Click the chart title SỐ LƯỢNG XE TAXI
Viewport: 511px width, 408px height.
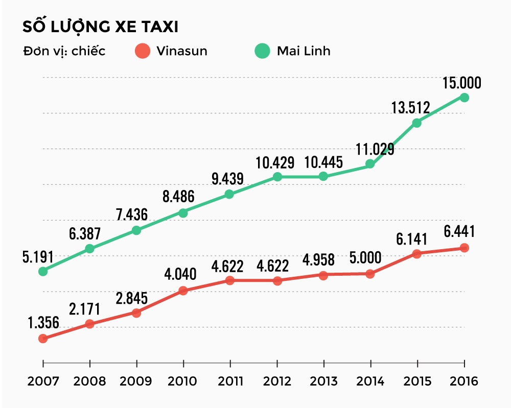pos(100,27)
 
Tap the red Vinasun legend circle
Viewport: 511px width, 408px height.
pos(143,51)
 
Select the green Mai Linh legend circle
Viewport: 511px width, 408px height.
pos(263,51)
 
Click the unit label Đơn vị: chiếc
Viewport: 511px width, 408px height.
pos(64,52)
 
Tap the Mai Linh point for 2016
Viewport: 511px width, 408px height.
pos(464,97)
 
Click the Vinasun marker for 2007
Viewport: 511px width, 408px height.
pos(43,338)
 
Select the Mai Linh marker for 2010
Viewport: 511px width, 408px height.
pos(183,213)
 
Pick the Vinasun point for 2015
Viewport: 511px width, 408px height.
pos(417,254)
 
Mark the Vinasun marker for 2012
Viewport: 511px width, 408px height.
pos(277,281)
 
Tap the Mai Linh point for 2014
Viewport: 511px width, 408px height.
pos(370,164)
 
